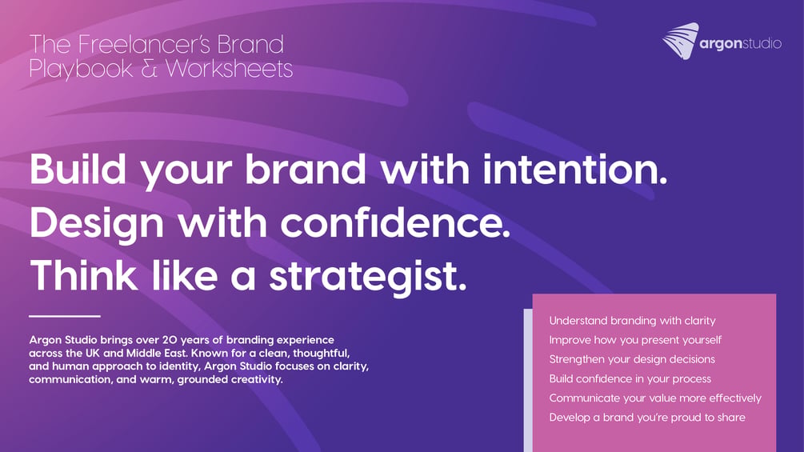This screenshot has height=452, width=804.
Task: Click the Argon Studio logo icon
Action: (x=680, y=41)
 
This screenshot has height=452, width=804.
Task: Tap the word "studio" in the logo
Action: (x=762, y=43)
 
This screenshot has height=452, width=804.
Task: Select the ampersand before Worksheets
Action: (x=150, y=69)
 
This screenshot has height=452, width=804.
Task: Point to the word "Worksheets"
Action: (x=230, y=69)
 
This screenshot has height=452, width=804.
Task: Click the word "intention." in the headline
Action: (x=574, y=169)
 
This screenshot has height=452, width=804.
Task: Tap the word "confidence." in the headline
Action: (x=395, y=222)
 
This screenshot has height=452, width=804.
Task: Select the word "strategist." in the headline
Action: (x=368, y=277)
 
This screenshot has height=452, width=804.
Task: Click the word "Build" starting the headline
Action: (x=78, y=169)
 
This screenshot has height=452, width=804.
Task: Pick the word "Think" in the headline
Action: (x=83, y=275)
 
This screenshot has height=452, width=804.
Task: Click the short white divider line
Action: (x=65, y=316)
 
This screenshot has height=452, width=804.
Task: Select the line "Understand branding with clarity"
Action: (x=632, y=321)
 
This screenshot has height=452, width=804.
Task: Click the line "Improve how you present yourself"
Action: (x=635, y=340)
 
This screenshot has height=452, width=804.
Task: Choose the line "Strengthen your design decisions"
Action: (x=632, y=359)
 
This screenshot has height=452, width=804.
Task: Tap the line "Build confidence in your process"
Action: (x=630, y=378)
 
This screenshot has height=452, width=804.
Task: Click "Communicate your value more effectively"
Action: (x=655, y=398)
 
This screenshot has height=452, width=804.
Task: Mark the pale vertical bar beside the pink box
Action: (x=528, y=380)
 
